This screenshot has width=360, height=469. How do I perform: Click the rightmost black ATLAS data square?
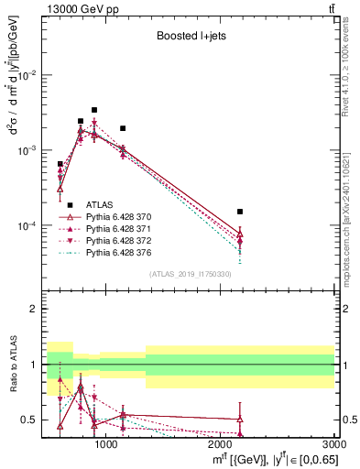[240, 212]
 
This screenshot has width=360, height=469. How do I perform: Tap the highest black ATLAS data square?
[94, 110]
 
